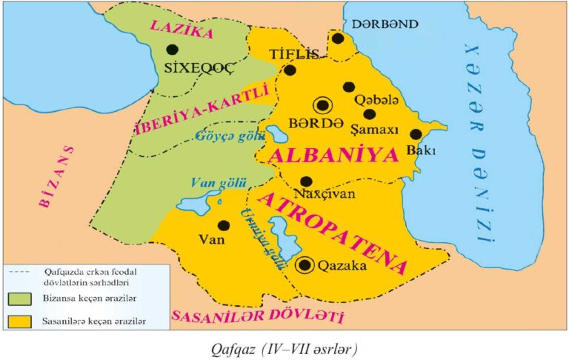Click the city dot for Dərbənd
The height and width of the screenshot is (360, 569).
coord(338,39)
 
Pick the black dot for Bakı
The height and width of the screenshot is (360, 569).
coord(416,134)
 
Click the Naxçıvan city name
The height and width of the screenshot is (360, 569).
coord(325,194)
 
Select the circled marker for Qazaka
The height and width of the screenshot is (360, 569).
coord(304,264)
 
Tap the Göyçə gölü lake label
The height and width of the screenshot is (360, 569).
coord(222,136)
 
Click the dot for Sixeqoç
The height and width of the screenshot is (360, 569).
coord(172,50)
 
